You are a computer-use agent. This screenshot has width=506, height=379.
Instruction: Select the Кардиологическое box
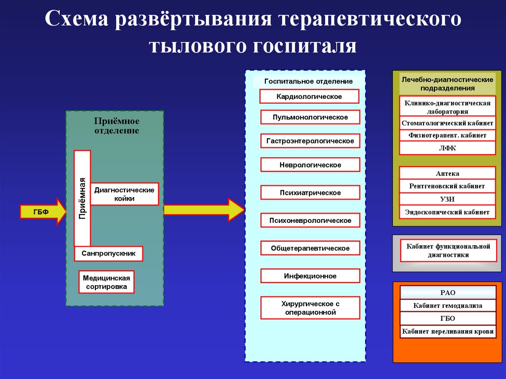pyautogui.click(x=309, y=96)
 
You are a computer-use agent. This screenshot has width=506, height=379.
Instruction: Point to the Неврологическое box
pyautogui.click(x=310, y=165)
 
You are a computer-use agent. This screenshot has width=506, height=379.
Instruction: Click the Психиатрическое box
pyautogui.click(x=310, y=193)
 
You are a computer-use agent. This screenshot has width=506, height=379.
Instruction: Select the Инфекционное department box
pyautogui.click(x=310, y=276)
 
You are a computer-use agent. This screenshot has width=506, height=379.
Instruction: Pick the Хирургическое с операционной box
pyautogui.click(x=310, y=308)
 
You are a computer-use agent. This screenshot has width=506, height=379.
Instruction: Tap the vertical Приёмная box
pyautogui.click(x=82, y=198)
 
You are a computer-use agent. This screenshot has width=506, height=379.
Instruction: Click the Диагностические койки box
pyautogui.click(x=125, y=194)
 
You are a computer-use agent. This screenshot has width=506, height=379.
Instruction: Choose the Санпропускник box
pyautogui.click(x=109, y=253)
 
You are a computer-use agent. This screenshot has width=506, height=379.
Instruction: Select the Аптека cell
pyautogui.click(x=447, y=173)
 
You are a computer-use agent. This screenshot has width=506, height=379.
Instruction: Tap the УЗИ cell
pyautogui.click(x=447, y=199)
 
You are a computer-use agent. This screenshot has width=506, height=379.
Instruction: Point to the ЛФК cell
pyautogui.click(x=447, y=148)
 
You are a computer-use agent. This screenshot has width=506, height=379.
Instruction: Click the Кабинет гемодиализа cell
pyautogui.click(x=448, y=306)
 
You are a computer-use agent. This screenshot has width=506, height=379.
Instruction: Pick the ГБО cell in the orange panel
pyautogui.click(x=448, y=319)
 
